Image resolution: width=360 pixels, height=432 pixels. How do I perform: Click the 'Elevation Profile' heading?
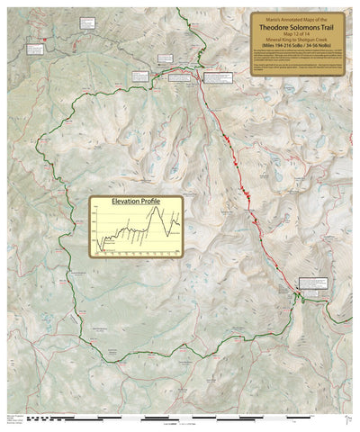136,202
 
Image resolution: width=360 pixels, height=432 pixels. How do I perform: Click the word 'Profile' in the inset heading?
149,202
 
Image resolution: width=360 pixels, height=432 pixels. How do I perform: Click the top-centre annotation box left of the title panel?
167,59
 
